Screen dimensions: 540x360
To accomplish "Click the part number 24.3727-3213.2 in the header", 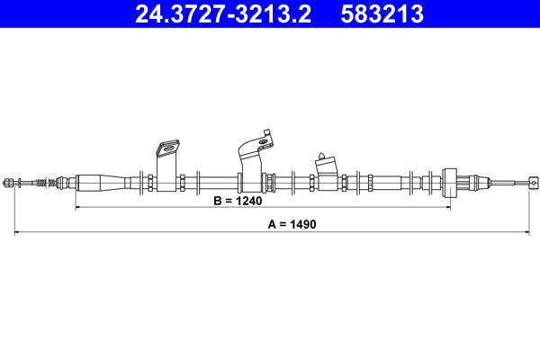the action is [x=223, y=14].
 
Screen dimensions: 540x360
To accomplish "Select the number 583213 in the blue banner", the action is [x=382, y=14].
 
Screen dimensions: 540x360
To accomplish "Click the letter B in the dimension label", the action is [x=217, y=201].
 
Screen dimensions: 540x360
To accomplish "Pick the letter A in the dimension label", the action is [x=272, y=224].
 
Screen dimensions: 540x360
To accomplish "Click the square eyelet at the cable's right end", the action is [x=533, y=182].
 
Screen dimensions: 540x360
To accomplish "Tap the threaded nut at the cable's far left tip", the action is [x=7, y=183].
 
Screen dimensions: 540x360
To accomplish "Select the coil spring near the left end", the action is [x=41, y=183].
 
